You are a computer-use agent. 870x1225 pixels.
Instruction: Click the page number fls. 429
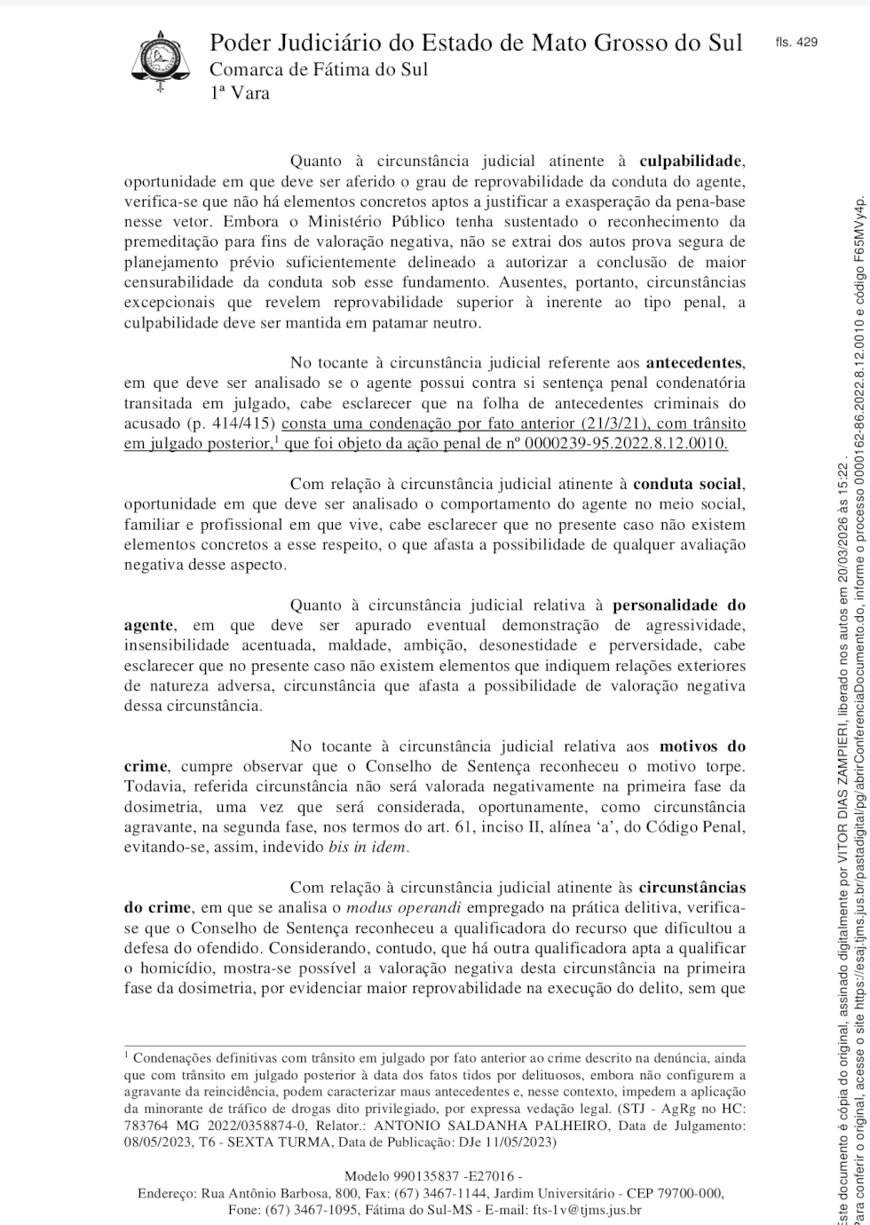795,42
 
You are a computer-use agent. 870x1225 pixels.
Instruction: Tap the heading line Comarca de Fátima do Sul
318,69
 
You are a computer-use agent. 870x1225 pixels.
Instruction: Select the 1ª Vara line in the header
240,92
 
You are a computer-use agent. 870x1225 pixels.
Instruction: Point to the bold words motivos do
702,747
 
